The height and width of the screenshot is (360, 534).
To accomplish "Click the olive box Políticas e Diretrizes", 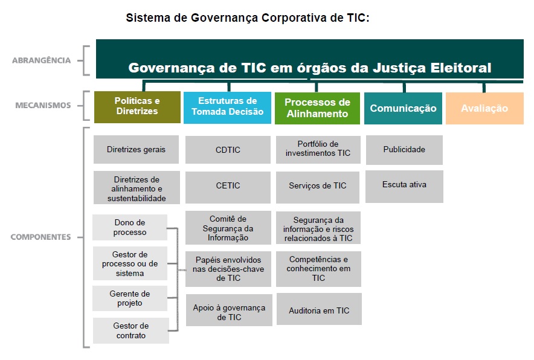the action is [x=137, y=107].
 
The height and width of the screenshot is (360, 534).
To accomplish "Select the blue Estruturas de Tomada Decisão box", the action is [x=227, y=108].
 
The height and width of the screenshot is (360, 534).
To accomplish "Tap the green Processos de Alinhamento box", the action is [x=317, y=108].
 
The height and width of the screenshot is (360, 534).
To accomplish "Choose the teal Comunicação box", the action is [x=404, y=108].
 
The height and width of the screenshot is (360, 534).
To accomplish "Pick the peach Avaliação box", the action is [x=484, y=108].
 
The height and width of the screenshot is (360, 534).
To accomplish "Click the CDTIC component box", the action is [x=228, y=150].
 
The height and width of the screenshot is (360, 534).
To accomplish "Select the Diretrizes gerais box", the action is [x=137, y=150].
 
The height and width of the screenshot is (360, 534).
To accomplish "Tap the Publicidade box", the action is [x=404, y=150].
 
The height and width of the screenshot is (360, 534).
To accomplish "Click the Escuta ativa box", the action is [x=404, y=187].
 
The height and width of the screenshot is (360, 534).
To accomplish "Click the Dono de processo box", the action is [x=130, y=227].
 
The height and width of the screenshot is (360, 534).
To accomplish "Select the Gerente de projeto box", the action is [x=130, y=298].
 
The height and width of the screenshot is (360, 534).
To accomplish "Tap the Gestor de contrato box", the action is [x=130, y=331].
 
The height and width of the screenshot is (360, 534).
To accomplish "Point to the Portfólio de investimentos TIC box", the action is [x=318, y=150].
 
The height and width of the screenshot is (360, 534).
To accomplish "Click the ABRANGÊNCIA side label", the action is [x=42, y=60].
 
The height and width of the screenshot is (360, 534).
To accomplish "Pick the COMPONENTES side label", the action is [x=40, y=237].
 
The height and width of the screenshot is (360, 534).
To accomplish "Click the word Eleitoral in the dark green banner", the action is [x=461, y=68].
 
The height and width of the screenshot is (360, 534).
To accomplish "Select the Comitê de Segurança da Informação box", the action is [x=228, y=228].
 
